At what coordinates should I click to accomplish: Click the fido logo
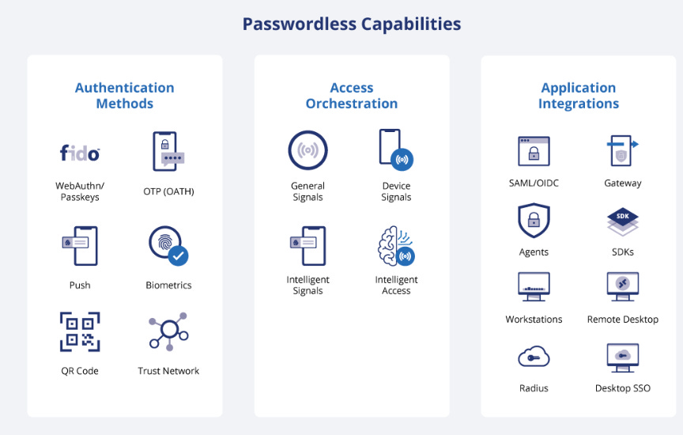(x=80, y=153)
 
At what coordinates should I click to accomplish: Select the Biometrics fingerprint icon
(x=168, y=246)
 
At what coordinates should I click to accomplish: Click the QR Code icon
(x=80, y=332)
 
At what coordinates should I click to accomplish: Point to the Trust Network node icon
(x=168, y=332)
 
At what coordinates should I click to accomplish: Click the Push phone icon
(x=80, y=246)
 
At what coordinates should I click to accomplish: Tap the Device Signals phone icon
(x=396, y=150)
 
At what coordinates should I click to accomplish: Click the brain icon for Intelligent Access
(x=396, y=246)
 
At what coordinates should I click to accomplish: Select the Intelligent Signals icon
(x=308, y=246)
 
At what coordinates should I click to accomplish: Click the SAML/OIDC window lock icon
(x=534, y=151)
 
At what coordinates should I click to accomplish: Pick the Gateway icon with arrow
(x=622, y=150)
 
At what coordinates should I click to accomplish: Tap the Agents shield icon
(x=534, y=220)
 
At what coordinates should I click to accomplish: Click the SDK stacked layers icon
(x=622, y=222)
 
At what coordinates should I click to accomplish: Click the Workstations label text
(x=534, y=320)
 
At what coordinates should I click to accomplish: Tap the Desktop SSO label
(x=622, y=388)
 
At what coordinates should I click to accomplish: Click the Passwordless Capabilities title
(x=351, y=24)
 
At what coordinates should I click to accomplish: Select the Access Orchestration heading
(x=352, y=96)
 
